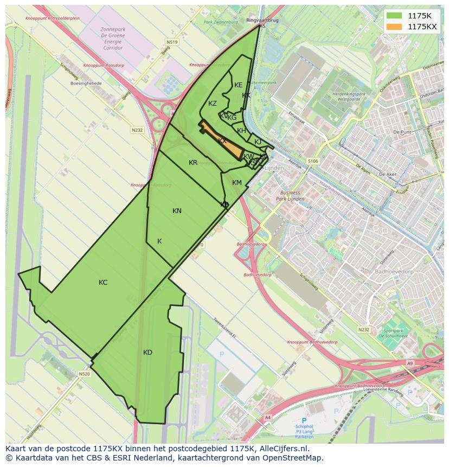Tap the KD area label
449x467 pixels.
click(147, 353)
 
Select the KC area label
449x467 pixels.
click(103, 283)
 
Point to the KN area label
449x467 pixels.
click(177, 211)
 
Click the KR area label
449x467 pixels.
click(193, 163)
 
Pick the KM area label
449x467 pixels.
click(237, 183)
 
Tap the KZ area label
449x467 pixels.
click(213, 104)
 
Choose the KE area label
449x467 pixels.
click(239, 85)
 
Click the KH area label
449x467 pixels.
click(242, 131)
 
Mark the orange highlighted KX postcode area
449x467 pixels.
click(222, 141)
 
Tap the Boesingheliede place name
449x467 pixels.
click(86, 85)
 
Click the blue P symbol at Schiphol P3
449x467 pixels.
click(304, 420)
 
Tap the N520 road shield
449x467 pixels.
click(84, 374)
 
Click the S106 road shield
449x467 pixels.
click(312, 161)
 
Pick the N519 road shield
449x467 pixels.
click(172, 41)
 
